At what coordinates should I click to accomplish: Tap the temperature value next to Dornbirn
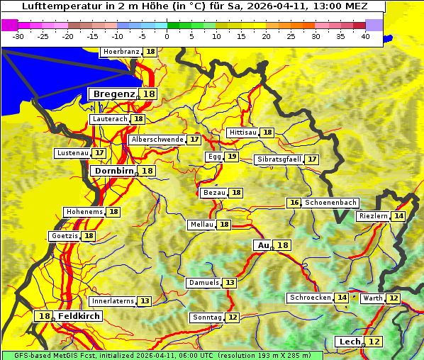[147, 171]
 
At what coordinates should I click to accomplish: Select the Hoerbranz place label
[121, 52]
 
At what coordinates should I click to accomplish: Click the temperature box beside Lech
[374, 342]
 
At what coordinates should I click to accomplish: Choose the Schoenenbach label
[330, 203]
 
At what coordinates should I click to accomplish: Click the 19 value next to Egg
[232, 157]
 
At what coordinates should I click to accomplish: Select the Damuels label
[203, 283]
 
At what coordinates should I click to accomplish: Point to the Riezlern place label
[374, 216]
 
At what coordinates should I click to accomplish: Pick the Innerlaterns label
[113, 301]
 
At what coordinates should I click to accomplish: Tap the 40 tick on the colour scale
[364, 36]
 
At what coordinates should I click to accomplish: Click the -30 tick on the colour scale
[18, 36]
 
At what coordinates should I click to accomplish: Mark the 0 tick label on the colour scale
[167, 36]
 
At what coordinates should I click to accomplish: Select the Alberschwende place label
[157, 140]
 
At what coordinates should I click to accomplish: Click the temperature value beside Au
[282, 245]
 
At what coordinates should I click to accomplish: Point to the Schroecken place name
[310, 298]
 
